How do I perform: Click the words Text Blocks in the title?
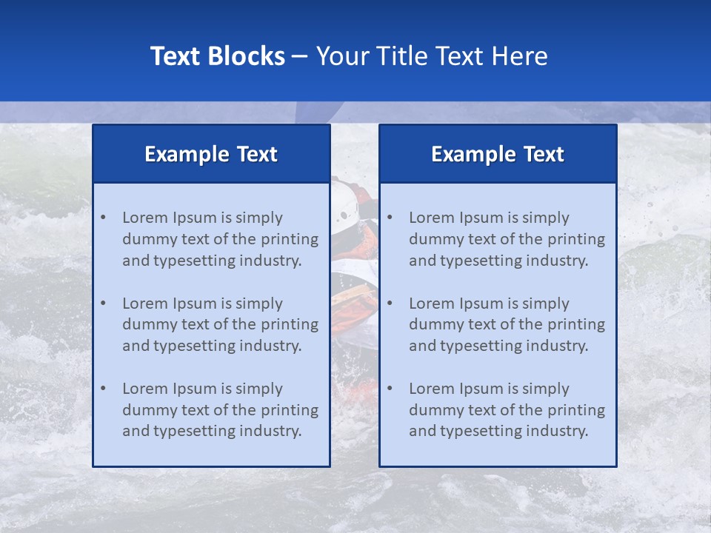(217, 56)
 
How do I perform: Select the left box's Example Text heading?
(211, 154)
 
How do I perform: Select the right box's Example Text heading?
(498, 154)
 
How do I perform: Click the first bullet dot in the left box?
(103, 218)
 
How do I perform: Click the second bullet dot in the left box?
(103, 304)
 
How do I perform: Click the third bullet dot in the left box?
(103, 389)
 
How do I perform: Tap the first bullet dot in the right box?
(390, 218)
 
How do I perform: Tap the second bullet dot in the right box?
(390, 304)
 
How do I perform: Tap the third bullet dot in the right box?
(390, 389)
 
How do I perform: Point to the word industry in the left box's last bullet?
(270, 432)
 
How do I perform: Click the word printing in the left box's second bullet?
(290, 324)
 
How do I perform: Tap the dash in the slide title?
(300, 56)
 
